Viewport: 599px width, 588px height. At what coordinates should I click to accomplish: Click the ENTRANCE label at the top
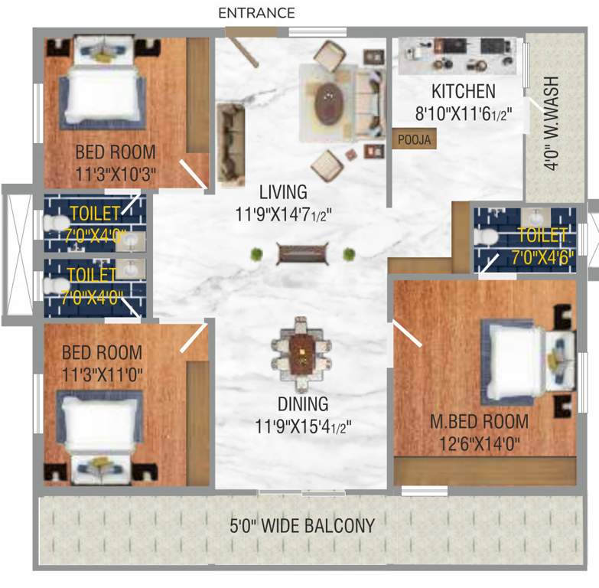[x=256, y=13]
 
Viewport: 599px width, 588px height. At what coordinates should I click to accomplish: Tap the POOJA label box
[x=414, y=139]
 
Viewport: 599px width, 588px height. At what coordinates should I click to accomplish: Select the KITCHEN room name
[x=463, y=92]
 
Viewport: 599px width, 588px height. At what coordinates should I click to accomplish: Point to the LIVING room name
[x=282, y=191]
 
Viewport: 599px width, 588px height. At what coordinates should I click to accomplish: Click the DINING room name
[x=303, y=403]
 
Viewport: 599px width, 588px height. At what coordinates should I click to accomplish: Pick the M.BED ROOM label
[x=478, y=421]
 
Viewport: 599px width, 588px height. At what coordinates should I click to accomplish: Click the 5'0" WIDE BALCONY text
[x=303, y=526]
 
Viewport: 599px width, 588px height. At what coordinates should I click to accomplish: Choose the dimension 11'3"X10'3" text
[x=115, y=175]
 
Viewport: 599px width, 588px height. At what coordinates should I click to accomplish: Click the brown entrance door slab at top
[x=251, y=31]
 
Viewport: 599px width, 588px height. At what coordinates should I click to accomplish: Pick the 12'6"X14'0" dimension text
[x=478, y=443]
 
